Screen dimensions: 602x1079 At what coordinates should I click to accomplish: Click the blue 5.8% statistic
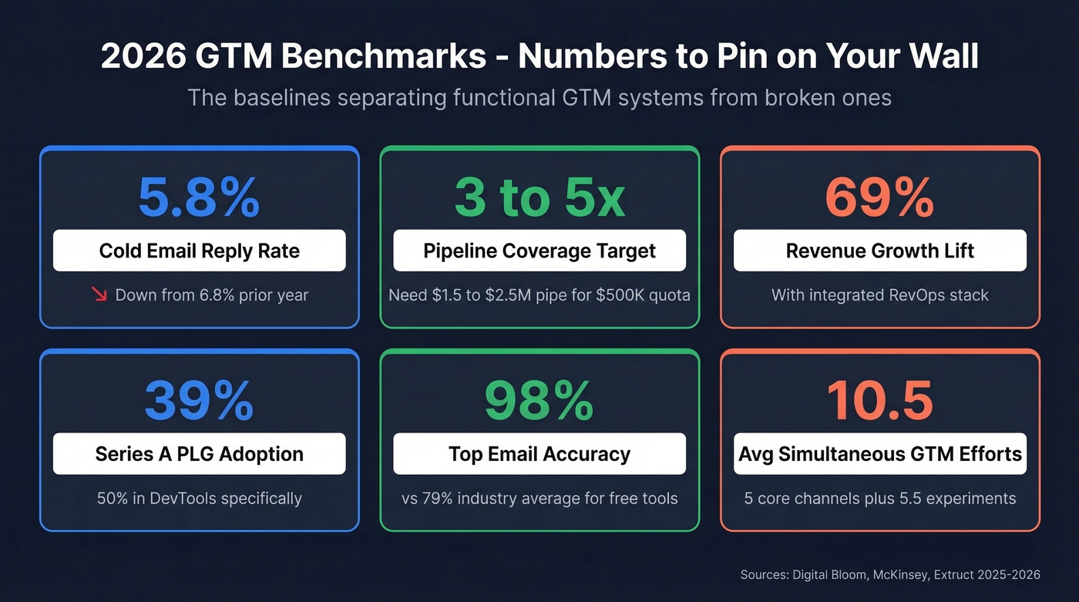(199, 197)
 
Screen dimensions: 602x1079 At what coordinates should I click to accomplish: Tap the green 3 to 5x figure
(539, 197)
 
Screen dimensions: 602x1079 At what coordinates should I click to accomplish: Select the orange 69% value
(879, 197)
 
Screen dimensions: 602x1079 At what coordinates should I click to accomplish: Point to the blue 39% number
(199, 401)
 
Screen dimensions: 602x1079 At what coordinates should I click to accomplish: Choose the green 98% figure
(539, 401)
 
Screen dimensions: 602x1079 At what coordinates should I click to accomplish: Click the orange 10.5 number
(879, 401)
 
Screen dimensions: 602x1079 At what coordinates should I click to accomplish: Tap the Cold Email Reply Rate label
(199, 251)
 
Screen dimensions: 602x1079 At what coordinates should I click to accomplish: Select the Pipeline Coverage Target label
(539, 251)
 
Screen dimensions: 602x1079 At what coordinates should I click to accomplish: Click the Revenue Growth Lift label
(879, 251)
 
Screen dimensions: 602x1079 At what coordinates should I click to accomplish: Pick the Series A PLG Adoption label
(199, 454)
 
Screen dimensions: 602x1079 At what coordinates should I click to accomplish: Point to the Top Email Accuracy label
(539, 454)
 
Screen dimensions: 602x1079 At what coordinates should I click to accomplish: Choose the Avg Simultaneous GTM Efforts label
(879, 454)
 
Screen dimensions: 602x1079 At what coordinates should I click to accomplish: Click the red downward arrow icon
(99, 294)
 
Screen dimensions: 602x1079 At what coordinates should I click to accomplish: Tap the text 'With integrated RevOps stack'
(879, 294)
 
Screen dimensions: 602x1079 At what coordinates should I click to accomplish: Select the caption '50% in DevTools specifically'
(199, 498)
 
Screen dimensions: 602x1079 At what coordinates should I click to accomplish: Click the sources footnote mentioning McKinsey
(889, 574)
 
